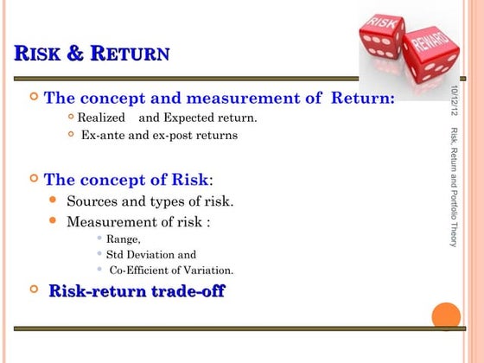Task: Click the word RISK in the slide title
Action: coord(40,55)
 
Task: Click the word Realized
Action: coord(100,118)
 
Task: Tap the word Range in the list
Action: coord(123,239)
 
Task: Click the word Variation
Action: coord(208,271)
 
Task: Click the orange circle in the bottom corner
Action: coord(446,315)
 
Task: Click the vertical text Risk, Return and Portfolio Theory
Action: coord(454,187)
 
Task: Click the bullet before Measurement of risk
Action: coord(54,221)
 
